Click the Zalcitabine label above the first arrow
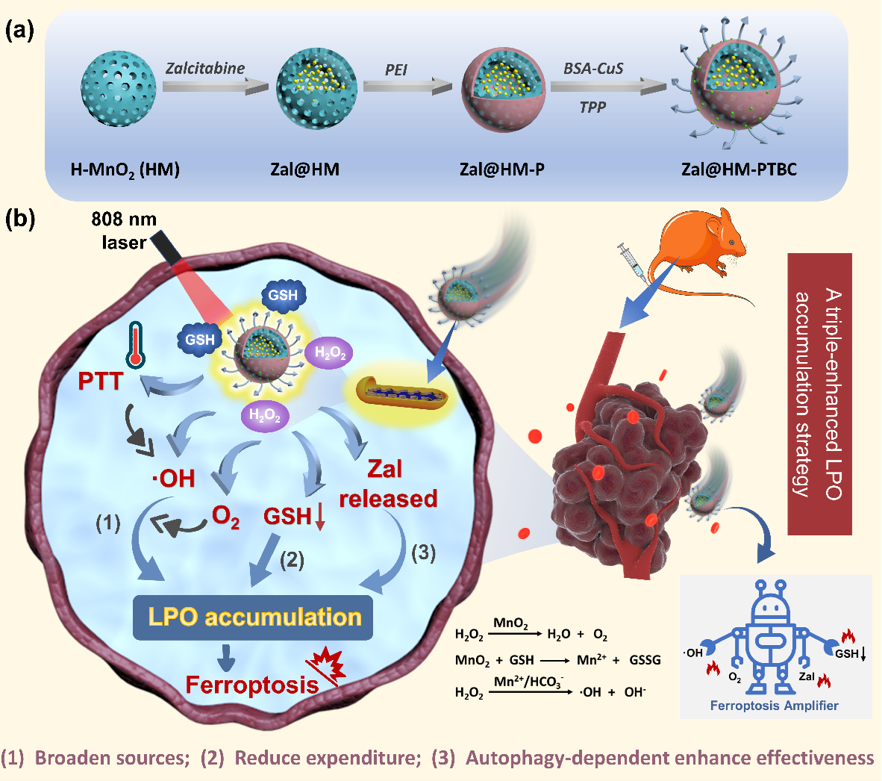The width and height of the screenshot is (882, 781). [x=205, y=69]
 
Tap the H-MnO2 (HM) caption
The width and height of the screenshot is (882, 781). [x=125, y=169]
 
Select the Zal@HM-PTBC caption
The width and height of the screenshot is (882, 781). [x=739, y=169]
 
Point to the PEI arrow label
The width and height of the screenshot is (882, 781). [x=396, y=71]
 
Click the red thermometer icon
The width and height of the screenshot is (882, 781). [x=135, y=345]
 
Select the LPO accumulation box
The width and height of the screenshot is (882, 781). [x=253, y=617]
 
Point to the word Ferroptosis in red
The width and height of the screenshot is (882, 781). [x=251, y=685]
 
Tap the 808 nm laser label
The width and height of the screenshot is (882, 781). [x=124, y=230]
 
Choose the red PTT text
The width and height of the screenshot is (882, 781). [x=100, y=382]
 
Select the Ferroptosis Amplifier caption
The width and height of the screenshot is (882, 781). [x=774, y=706]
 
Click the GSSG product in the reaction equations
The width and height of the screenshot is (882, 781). [x=645, y=660]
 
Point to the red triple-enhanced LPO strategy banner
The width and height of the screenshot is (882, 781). [x=819, y=393]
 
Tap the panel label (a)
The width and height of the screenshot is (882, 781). [x=20, y=31]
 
